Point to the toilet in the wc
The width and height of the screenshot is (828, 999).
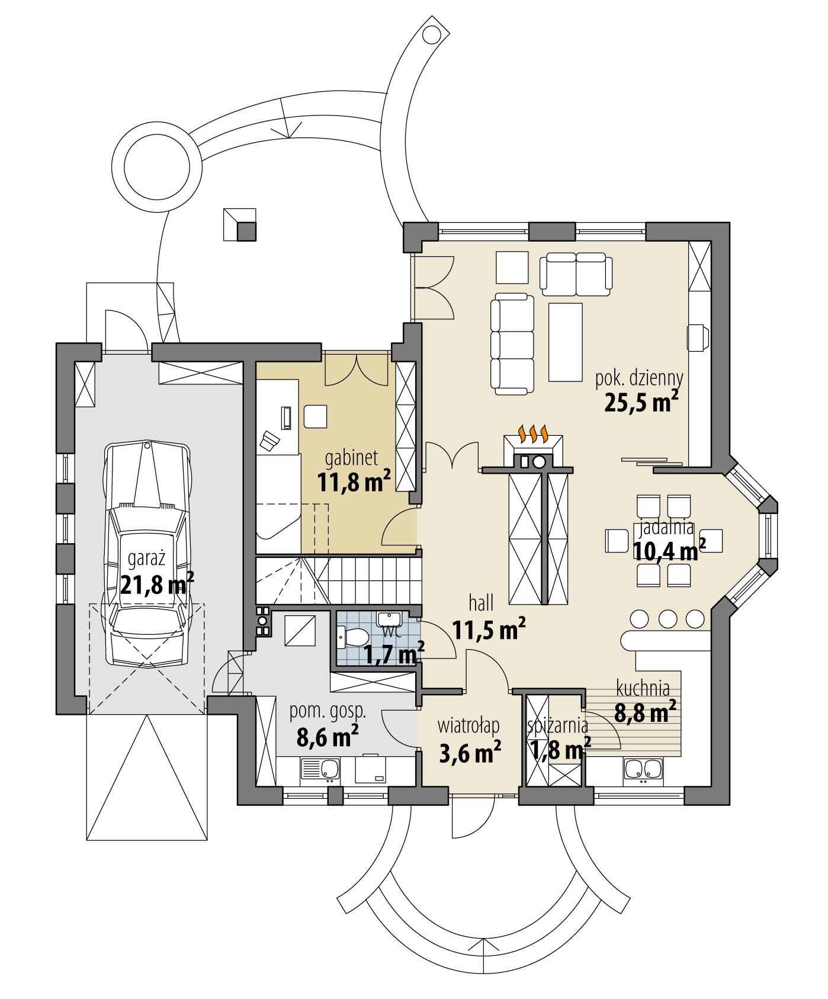(353, 638)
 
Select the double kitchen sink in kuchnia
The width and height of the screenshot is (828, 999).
(644, 770)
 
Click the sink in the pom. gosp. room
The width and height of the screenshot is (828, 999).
(319, 770)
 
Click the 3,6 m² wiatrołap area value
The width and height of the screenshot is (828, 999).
(470, 753)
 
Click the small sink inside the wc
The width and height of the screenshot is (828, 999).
(390, 619)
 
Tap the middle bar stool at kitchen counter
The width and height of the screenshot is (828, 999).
(667, 619)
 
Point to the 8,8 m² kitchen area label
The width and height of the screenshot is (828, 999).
(645, 712)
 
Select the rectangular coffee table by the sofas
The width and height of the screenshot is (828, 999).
(566, 342)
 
